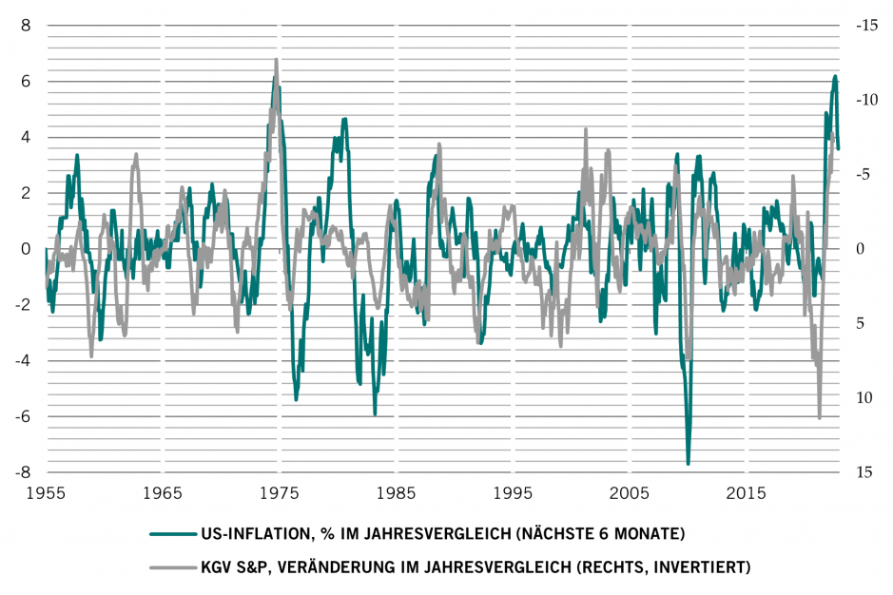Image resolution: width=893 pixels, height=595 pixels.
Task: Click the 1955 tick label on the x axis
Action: [46, 494]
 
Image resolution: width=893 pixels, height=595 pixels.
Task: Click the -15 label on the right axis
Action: [864, 26]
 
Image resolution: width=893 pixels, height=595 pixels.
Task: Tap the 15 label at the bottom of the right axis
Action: [864, 472]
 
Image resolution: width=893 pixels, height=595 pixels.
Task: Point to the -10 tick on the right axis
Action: [864, 100]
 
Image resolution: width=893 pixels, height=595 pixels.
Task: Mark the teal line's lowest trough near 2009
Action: [688, 464]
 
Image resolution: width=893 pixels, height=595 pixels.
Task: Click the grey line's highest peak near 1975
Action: [277, 59]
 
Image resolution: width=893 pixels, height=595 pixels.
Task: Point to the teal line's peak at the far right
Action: [835, 76]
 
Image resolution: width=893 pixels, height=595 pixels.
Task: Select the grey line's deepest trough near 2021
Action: [820, 417]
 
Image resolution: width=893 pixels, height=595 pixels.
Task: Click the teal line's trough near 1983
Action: [375, 414]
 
